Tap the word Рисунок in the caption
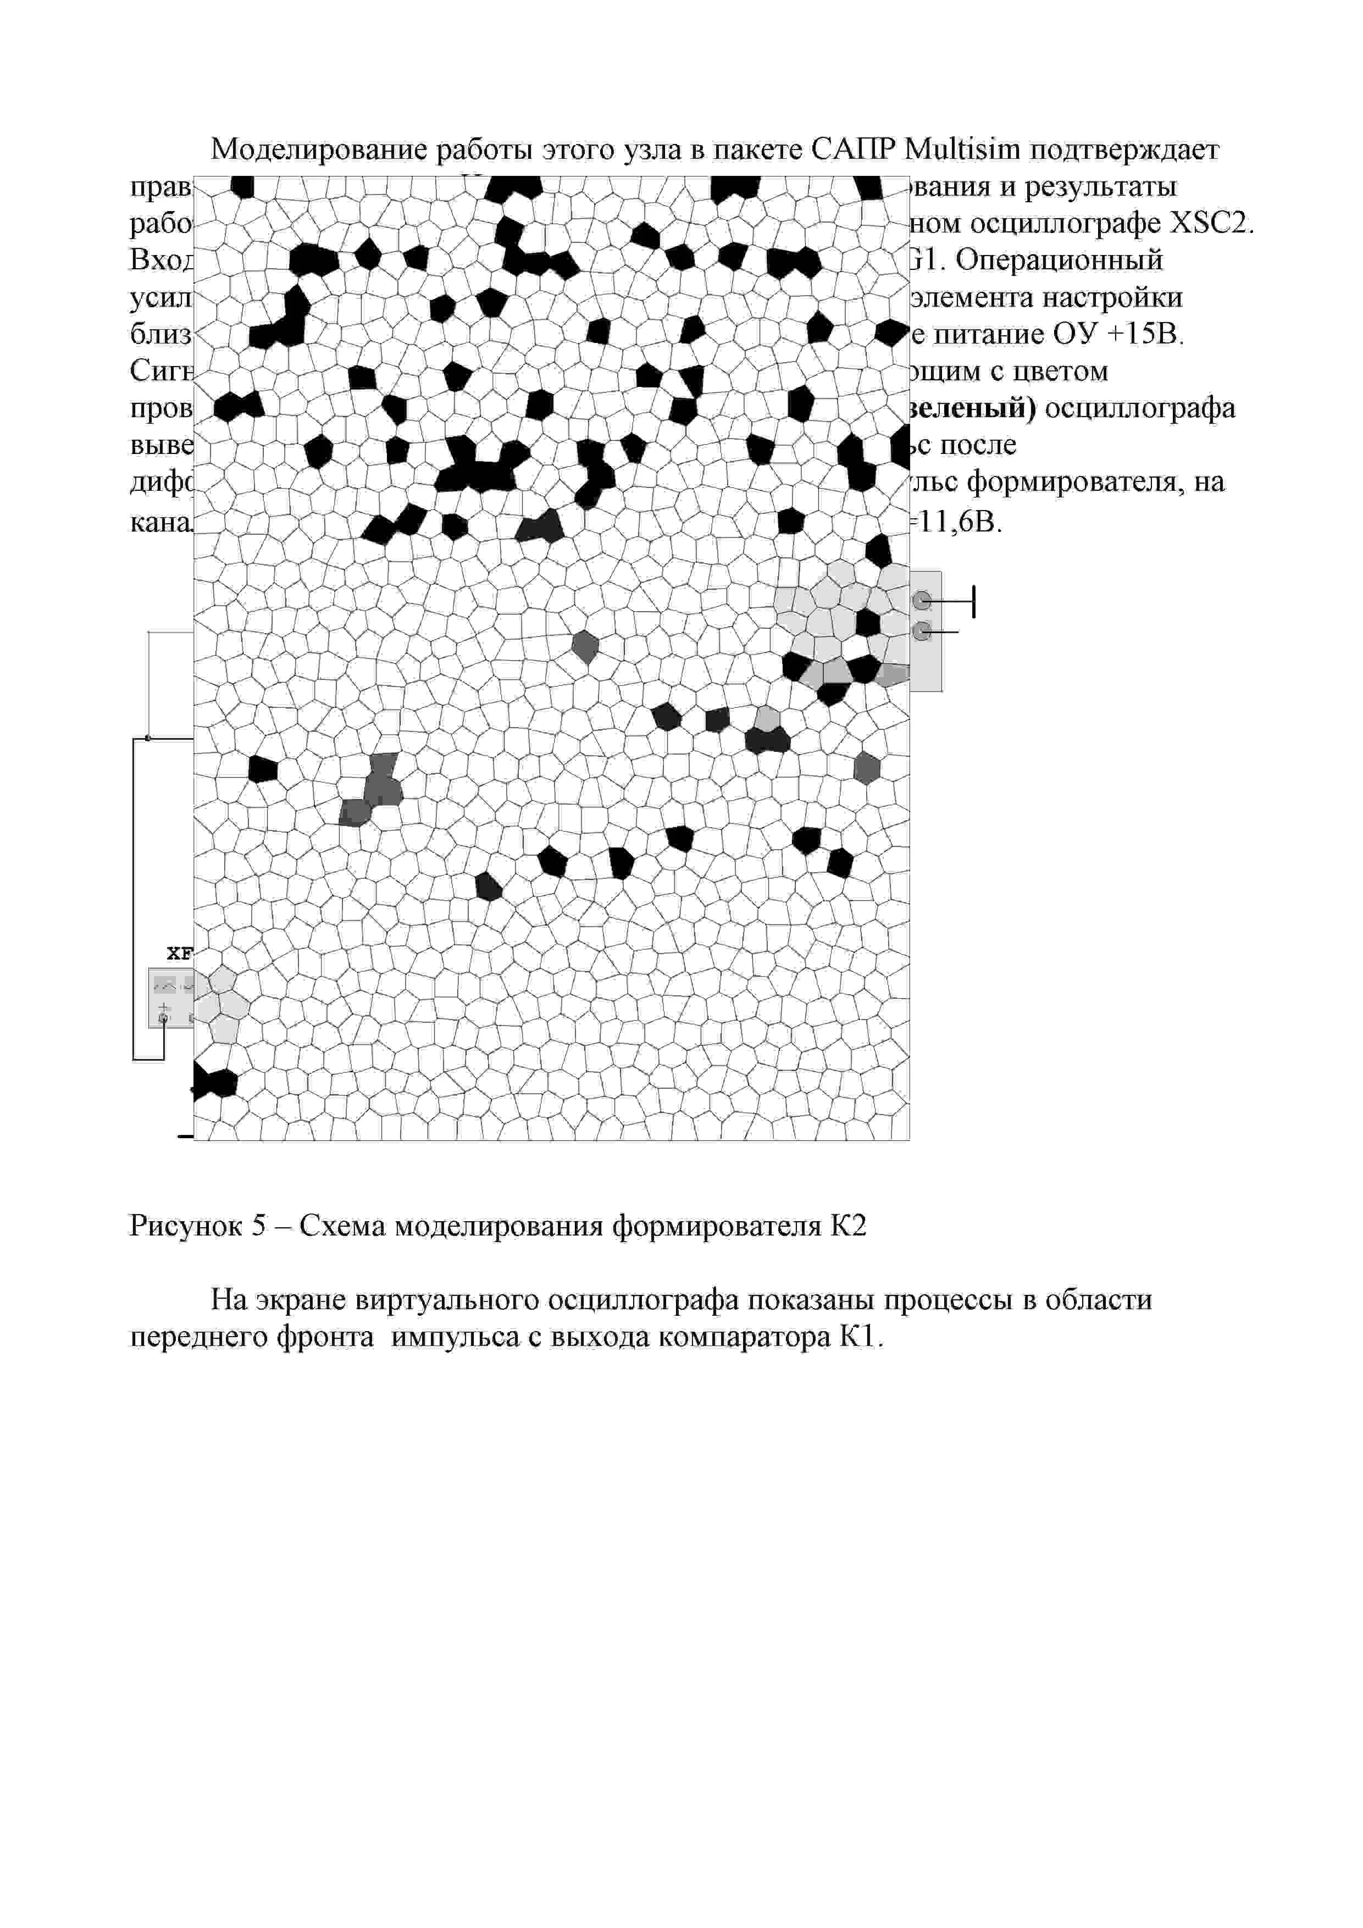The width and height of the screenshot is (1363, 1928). [184, 1226]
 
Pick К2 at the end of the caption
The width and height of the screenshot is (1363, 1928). [848, 1226]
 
